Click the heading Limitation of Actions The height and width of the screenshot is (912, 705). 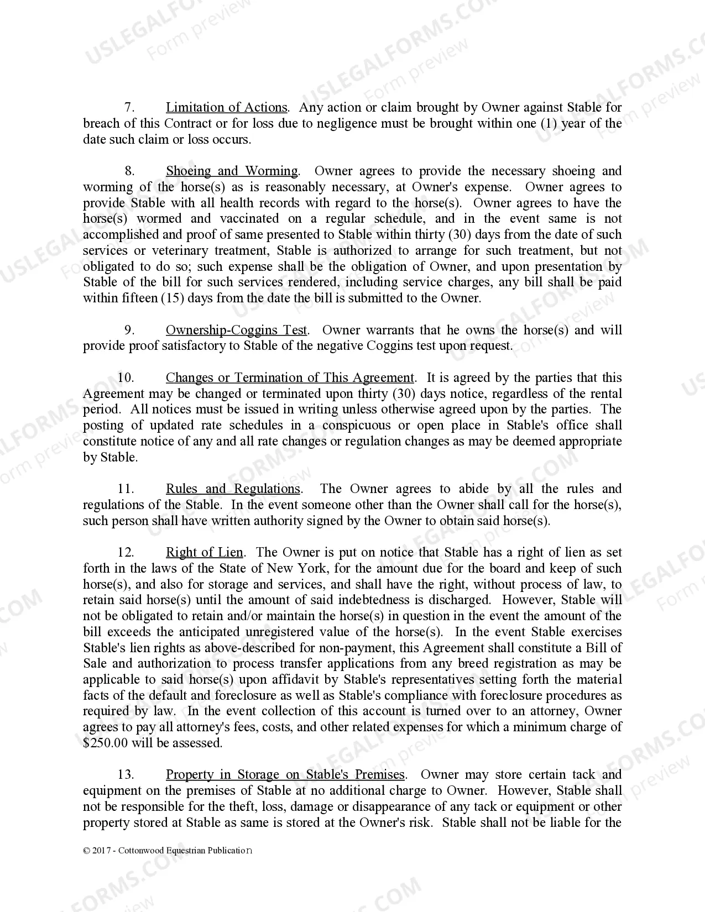(227, 107)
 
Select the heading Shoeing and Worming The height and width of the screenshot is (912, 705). (232, 171)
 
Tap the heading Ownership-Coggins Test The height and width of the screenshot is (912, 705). (237, 330)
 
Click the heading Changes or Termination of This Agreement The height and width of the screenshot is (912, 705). (290, 378)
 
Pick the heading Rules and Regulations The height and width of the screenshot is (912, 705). (233, 489)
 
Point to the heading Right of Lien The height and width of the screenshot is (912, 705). (204, 552)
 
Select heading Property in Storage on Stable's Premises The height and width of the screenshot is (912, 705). (285, 774)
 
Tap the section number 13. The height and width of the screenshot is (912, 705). (126, 774)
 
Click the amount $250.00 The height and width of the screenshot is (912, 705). (105, 743)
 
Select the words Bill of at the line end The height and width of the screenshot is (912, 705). (604, 648)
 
